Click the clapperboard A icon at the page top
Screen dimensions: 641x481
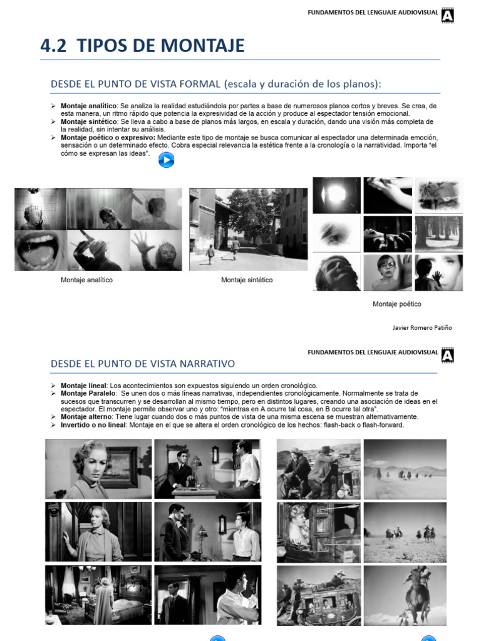pos(448,15)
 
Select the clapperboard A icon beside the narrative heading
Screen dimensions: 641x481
pos(448,356)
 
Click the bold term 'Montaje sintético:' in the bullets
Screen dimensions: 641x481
pos(90,121)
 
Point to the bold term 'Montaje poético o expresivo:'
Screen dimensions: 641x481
pos(108,137)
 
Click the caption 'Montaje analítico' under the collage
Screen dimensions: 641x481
pos(86,280)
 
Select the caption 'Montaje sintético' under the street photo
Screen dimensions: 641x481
pos(247,280)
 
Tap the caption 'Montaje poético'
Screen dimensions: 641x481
pos(396,304)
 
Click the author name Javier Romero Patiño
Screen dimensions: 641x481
pos(422,327)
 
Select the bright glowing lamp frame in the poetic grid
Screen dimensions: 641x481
pos(336,195)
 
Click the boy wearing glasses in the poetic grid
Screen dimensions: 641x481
pos(388,272)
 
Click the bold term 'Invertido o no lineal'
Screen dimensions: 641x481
pos(95,424)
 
